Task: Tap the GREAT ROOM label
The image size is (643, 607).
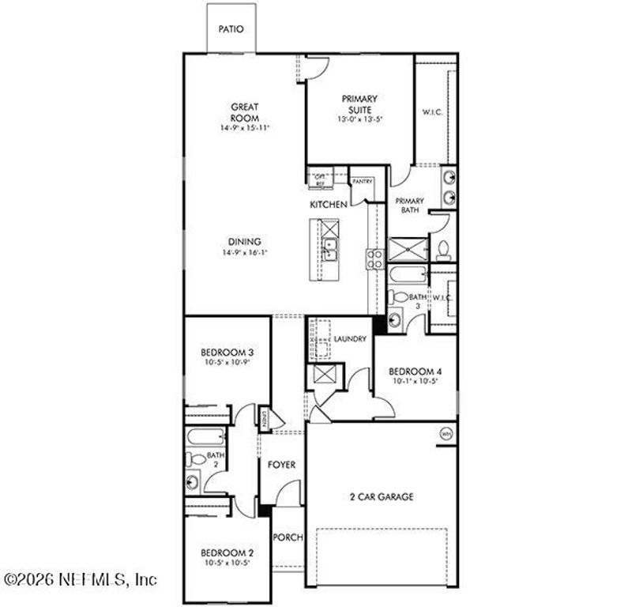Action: click(x=245, y=112)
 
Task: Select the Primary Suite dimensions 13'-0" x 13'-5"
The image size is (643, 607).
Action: click(x=359, y=120)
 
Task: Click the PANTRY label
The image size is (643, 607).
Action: click(x=363, y=181)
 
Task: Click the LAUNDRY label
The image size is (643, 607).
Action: click(x=349, y=339)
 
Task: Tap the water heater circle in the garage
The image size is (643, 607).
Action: click(x=446, y=434)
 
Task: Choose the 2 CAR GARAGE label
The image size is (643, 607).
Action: click(x=382, y=497)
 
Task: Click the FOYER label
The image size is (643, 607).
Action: click(x=282, y=465)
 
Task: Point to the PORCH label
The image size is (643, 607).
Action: click(x=288, y=537)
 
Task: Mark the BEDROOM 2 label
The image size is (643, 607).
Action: click(x=227, y=552)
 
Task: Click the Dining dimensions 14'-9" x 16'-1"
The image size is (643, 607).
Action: click(x=245, y=253)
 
